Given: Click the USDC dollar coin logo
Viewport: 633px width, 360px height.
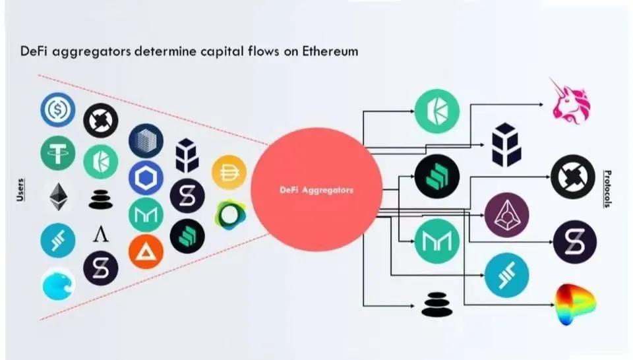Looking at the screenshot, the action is [58, 109].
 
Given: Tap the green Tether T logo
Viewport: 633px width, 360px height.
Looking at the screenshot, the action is [58, 153].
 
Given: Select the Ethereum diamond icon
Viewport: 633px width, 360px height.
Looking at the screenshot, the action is [59, 196].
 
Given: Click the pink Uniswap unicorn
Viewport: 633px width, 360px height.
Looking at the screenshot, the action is [570, 101].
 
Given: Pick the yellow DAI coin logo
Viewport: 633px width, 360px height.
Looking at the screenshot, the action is [229, 172].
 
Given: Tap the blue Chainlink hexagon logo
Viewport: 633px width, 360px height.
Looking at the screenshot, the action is [146, 178].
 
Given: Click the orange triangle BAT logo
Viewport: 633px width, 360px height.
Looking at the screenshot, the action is [146, 252].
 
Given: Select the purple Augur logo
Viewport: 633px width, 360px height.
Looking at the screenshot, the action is [506, 215].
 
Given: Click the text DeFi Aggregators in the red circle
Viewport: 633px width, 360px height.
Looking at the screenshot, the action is [316, 190].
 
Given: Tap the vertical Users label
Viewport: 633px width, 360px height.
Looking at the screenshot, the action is [20, 190].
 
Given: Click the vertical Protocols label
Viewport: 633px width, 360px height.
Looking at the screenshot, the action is [607, 189].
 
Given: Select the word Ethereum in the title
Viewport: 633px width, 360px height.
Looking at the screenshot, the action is [330, 51].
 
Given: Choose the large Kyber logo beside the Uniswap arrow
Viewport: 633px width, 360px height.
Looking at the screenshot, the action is [437, 111].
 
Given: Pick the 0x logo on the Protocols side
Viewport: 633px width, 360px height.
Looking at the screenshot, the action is [573, 177].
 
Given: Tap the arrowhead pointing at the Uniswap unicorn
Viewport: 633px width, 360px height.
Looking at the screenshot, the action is [541, 105].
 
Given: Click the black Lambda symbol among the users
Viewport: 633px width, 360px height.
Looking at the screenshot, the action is [100, 233].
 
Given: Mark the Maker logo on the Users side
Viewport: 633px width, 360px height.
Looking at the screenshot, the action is [146, 215].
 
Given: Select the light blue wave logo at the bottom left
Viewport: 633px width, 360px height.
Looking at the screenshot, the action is [59, 284].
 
